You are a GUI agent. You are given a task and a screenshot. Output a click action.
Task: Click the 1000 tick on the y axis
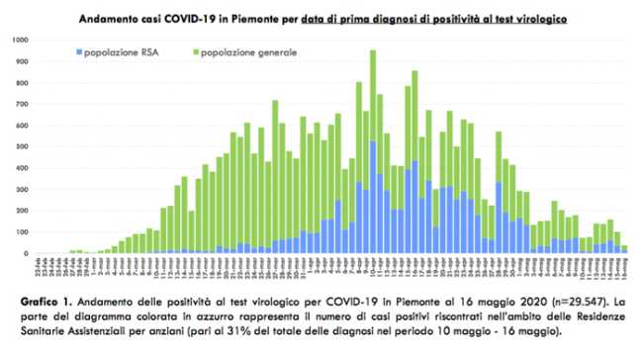pyautogui.click(x=21, y=40)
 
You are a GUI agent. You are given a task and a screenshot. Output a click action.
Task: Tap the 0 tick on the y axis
pyautogui.click(x=27, y=254)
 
